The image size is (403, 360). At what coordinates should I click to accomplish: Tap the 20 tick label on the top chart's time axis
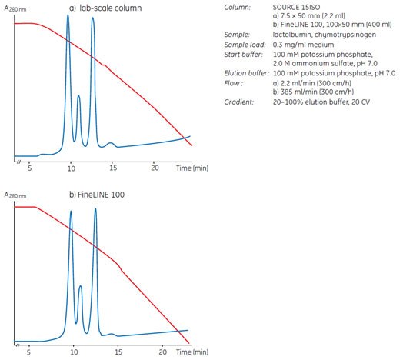click(x=155, y=167)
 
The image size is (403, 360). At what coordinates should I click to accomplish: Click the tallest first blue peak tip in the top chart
click(x=68, y=15)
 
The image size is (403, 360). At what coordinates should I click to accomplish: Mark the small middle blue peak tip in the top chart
click(x=78, y=96)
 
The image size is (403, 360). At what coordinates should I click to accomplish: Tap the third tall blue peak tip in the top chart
click(x=93, y=18)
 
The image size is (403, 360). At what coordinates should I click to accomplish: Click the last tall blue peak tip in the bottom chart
click(x=95, y=209)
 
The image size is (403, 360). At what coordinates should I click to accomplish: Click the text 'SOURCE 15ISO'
click(x=298, y=7)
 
